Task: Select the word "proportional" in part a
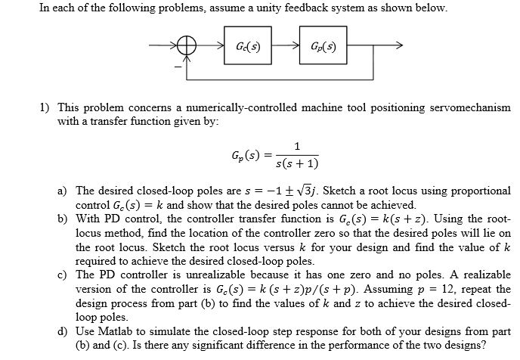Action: tap(482, 191)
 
